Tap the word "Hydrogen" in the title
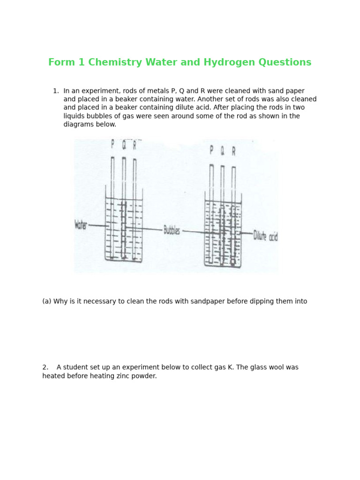click(x=223, y=62)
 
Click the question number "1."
click(x=56, y=91)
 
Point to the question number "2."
click(x=45, y=367)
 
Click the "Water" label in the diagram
click(x=81, y=225)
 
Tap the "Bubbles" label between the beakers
click(x=172, y=230)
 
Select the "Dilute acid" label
click(x=265, y=235)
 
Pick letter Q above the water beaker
click(x=124, y=145)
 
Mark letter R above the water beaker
click(x=135, y=146)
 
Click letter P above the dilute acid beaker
click(x=211, y=150)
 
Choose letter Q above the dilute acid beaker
click(x=222, y=150)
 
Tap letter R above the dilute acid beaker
click(x=233, y=151)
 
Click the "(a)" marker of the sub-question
click(x=47, y=301)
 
